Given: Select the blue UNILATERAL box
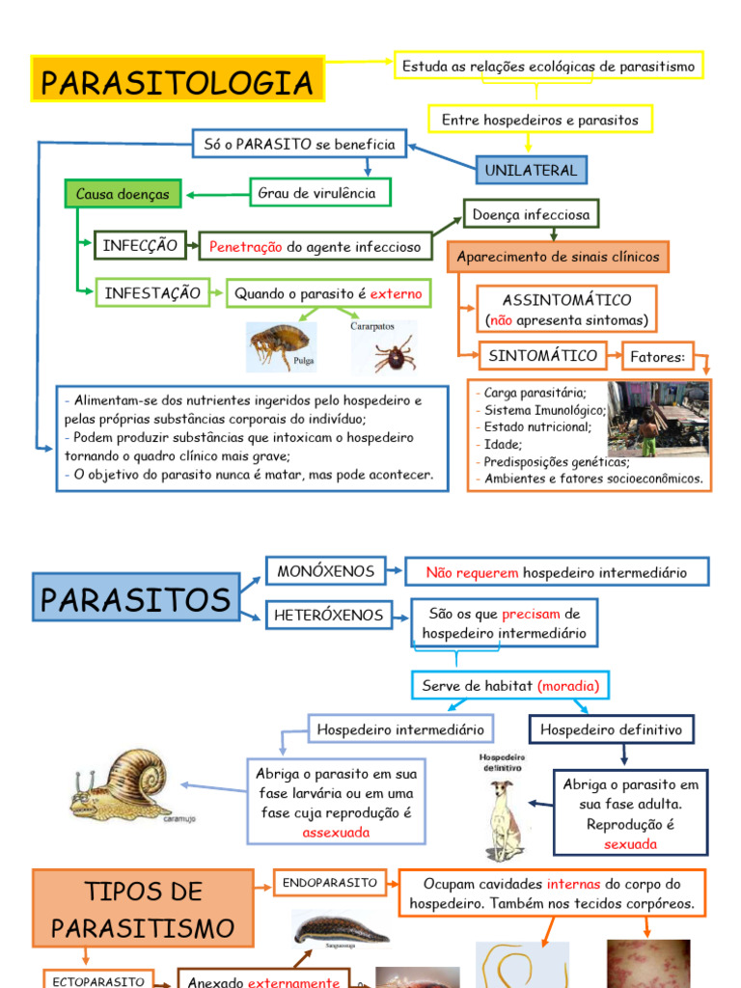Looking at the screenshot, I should click(531, 170).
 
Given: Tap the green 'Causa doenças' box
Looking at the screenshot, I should click(123, 194).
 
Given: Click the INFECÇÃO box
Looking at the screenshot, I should click(140, 246).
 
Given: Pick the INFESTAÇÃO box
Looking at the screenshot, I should click(152, 292).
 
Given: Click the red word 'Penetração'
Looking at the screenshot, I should click(246, 247).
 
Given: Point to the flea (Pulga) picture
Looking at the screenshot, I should click(281, 345).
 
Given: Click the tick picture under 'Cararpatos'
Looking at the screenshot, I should click(395, 352).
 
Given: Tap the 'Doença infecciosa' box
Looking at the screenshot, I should click(532, 213).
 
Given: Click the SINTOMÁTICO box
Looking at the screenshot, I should click(542, 355).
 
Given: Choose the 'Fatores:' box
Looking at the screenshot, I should click(657, 357).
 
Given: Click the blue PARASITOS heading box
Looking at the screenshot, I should click(135, 599).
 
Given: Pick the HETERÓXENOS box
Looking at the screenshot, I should click(329, 615).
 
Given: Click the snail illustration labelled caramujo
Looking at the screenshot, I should click(123, 784).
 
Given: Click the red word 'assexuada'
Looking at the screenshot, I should click(336, 833).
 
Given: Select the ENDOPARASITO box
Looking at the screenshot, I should click(329, 882).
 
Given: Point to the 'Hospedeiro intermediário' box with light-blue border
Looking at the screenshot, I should click(400, 729).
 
